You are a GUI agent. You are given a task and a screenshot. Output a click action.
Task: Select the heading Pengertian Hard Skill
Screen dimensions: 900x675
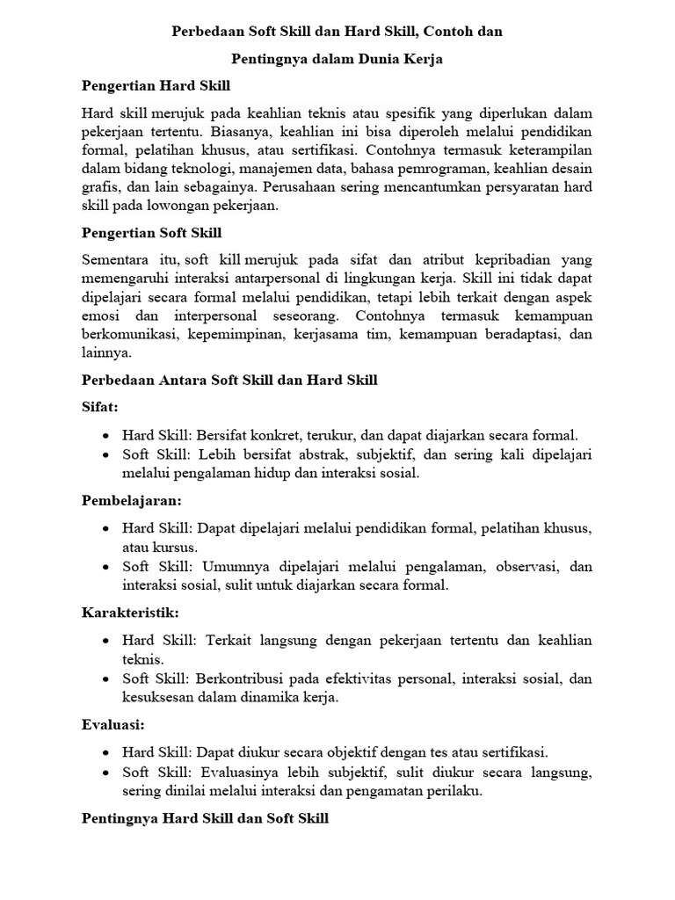coord(156,87)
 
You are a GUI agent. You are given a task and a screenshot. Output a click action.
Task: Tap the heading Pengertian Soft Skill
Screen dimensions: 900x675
coord(151,233)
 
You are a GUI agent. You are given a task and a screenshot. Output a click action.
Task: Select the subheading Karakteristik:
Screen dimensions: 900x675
coord(131,612)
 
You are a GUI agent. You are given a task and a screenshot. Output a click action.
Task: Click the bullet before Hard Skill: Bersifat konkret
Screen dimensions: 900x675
coord(105,435)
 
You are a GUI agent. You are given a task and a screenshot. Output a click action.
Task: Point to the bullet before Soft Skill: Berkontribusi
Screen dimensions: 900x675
coord(105,679)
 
